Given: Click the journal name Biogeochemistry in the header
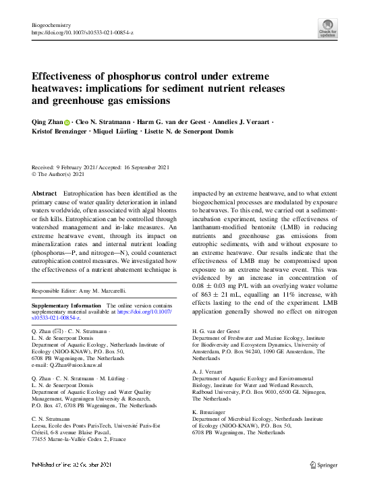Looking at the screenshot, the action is tap(52, 24).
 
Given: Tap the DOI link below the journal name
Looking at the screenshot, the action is tap(83, 31).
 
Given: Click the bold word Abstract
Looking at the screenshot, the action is tap(44, 194).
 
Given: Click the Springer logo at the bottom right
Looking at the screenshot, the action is tap(323, 465).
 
